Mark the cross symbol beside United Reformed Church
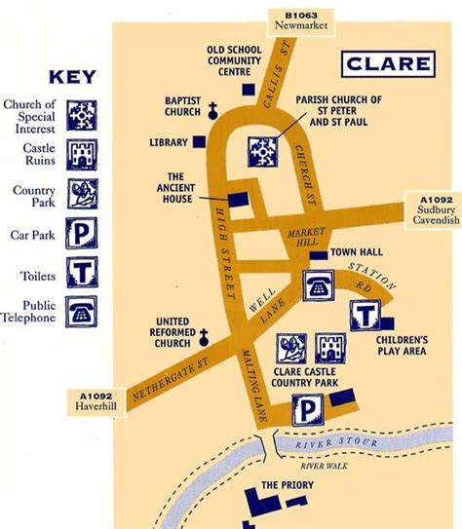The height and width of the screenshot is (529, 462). (205, 338)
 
